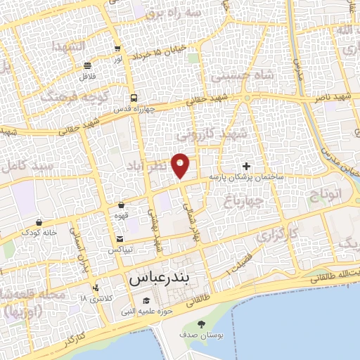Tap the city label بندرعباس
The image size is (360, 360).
tap(165, 279)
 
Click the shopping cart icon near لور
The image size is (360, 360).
tap(117, 49)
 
